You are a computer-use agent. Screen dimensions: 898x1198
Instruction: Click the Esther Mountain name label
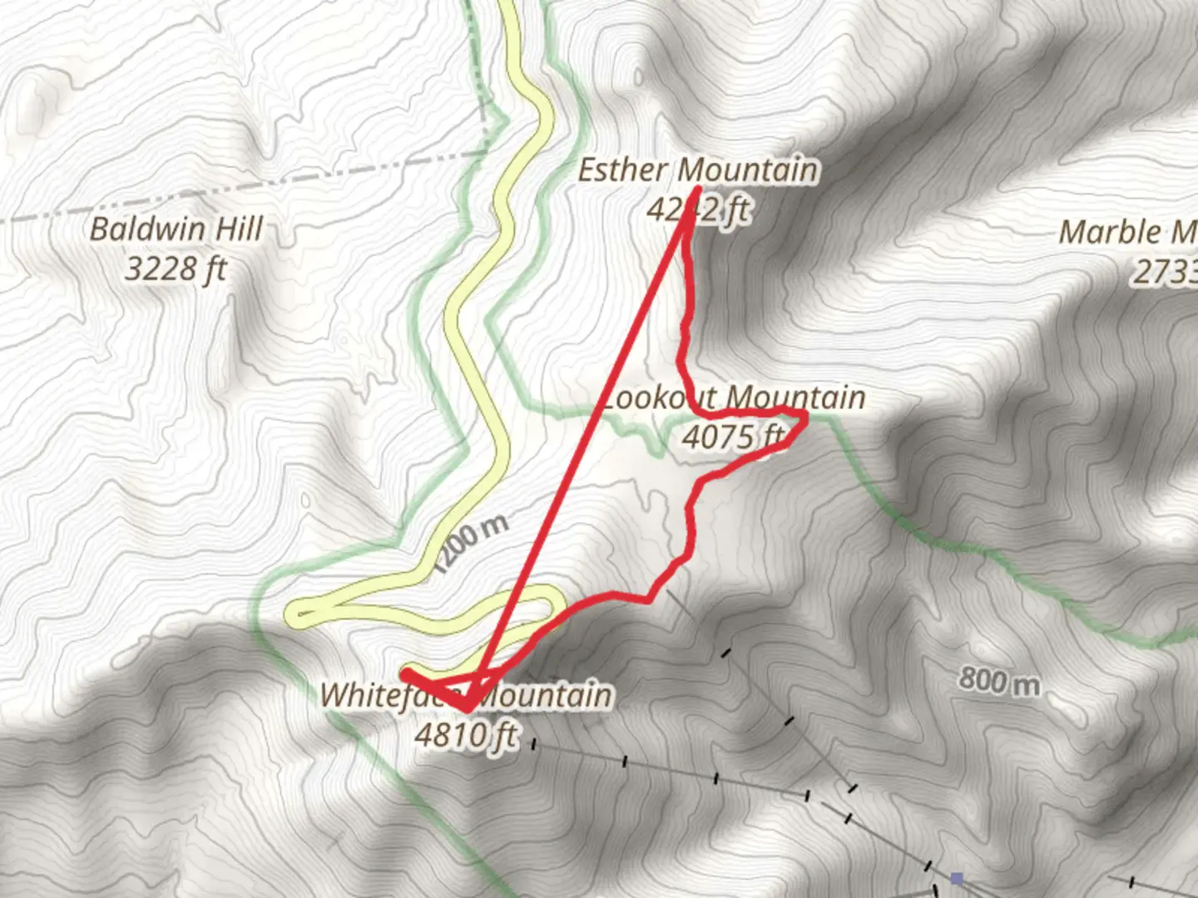(697, 170)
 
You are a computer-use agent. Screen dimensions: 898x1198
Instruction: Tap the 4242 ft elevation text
(697, 210)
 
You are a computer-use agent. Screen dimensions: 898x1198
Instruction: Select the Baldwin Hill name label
(176, 229)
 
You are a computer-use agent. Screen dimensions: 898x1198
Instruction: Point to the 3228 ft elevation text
(176, 269)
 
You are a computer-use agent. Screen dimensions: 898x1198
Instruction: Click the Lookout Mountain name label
(732, 397)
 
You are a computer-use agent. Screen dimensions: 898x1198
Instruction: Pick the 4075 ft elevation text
(732, 436)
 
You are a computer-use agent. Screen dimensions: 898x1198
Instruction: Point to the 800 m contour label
(998, 682)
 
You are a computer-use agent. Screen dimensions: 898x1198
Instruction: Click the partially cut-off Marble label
(1127, 232)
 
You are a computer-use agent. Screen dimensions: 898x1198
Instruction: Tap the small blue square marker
(957, 878)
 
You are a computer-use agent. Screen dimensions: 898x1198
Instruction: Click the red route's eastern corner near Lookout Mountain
(805, 414)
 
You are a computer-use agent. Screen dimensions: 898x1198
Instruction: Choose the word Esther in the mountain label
(622, 170)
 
